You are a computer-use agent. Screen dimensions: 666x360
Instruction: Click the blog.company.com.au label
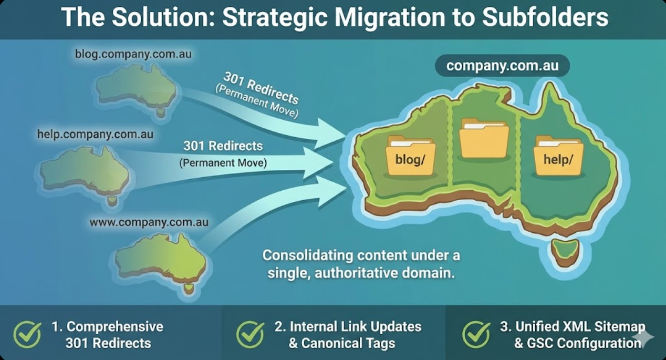tap(133, 54)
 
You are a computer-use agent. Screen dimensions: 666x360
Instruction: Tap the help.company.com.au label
tap(95, 135)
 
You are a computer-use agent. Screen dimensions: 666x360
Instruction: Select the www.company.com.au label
tap(149, 222)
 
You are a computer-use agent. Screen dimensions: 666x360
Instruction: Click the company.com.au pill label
tap(502, 66)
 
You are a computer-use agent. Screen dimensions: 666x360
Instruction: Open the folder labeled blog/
tap(410, 156)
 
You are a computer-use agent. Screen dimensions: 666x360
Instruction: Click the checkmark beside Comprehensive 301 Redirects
tap(27, 334)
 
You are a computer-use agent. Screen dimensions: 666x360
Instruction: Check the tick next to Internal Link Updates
tap(250, 334)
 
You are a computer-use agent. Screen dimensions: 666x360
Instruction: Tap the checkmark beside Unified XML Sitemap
tap(476, 334)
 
